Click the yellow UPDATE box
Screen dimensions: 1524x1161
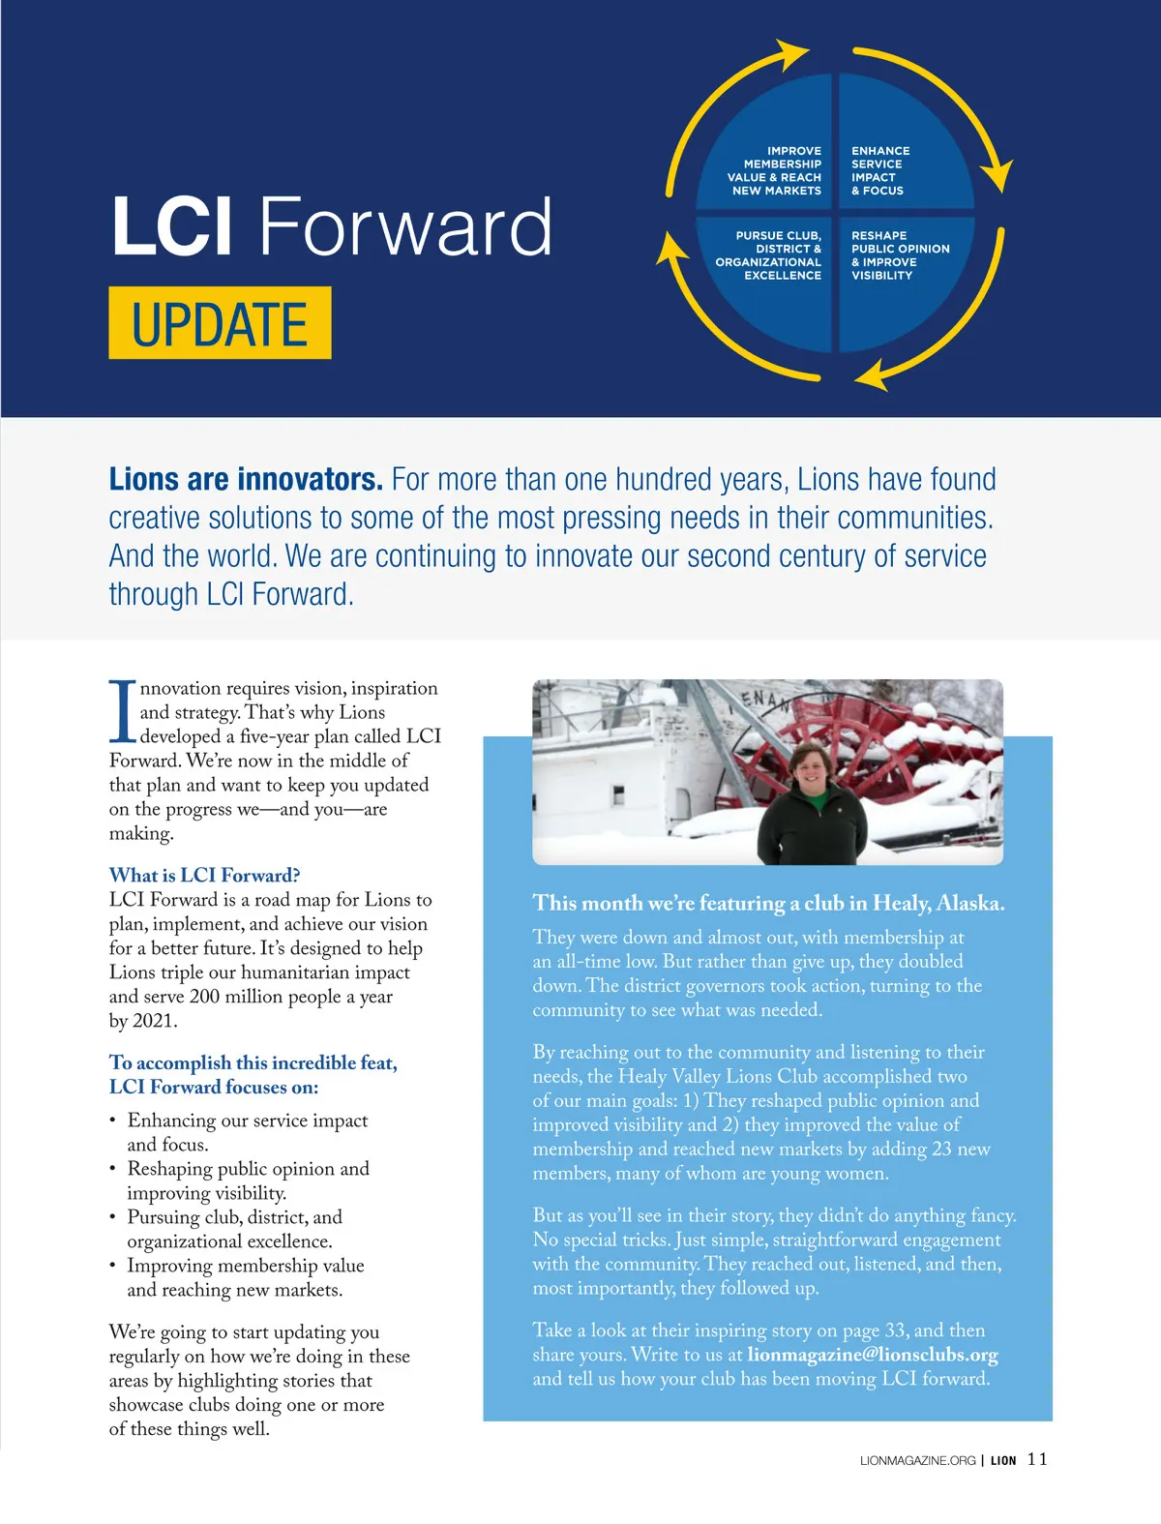[220, 323]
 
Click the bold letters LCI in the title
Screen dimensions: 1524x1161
[171, 226]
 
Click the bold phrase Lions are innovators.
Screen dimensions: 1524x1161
[246, 480]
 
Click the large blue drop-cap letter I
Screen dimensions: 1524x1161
[122, 711]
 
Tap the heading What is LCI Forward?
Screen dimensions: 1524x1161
[204, 876]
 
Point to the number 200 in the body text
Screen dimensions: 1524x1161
[205, 997]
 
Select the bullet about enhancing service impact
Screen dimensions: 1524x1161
[247, 1132]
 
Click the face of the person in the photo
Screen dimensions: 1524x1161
[808, 773]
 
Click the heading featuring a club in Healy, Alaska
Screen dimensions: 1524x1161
[768, 904]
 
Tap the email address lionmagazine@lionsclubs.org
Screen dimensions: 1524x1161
[872, 1355]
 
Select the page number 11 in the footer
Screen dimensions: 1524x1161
[1037, 1459]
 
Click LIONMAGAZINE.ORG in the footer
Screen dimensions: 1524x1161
[917, 1461]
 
